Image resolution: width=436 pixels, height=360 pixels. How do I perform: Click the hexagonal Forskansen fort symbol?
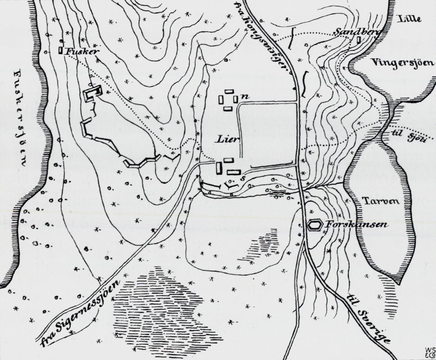click(316, 224)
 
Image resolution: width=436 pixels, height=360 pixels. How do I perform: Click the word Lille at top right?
click(409, 18)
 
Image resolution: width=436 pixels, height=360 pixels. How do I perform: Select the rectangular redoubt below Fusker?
click(92, 93)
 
